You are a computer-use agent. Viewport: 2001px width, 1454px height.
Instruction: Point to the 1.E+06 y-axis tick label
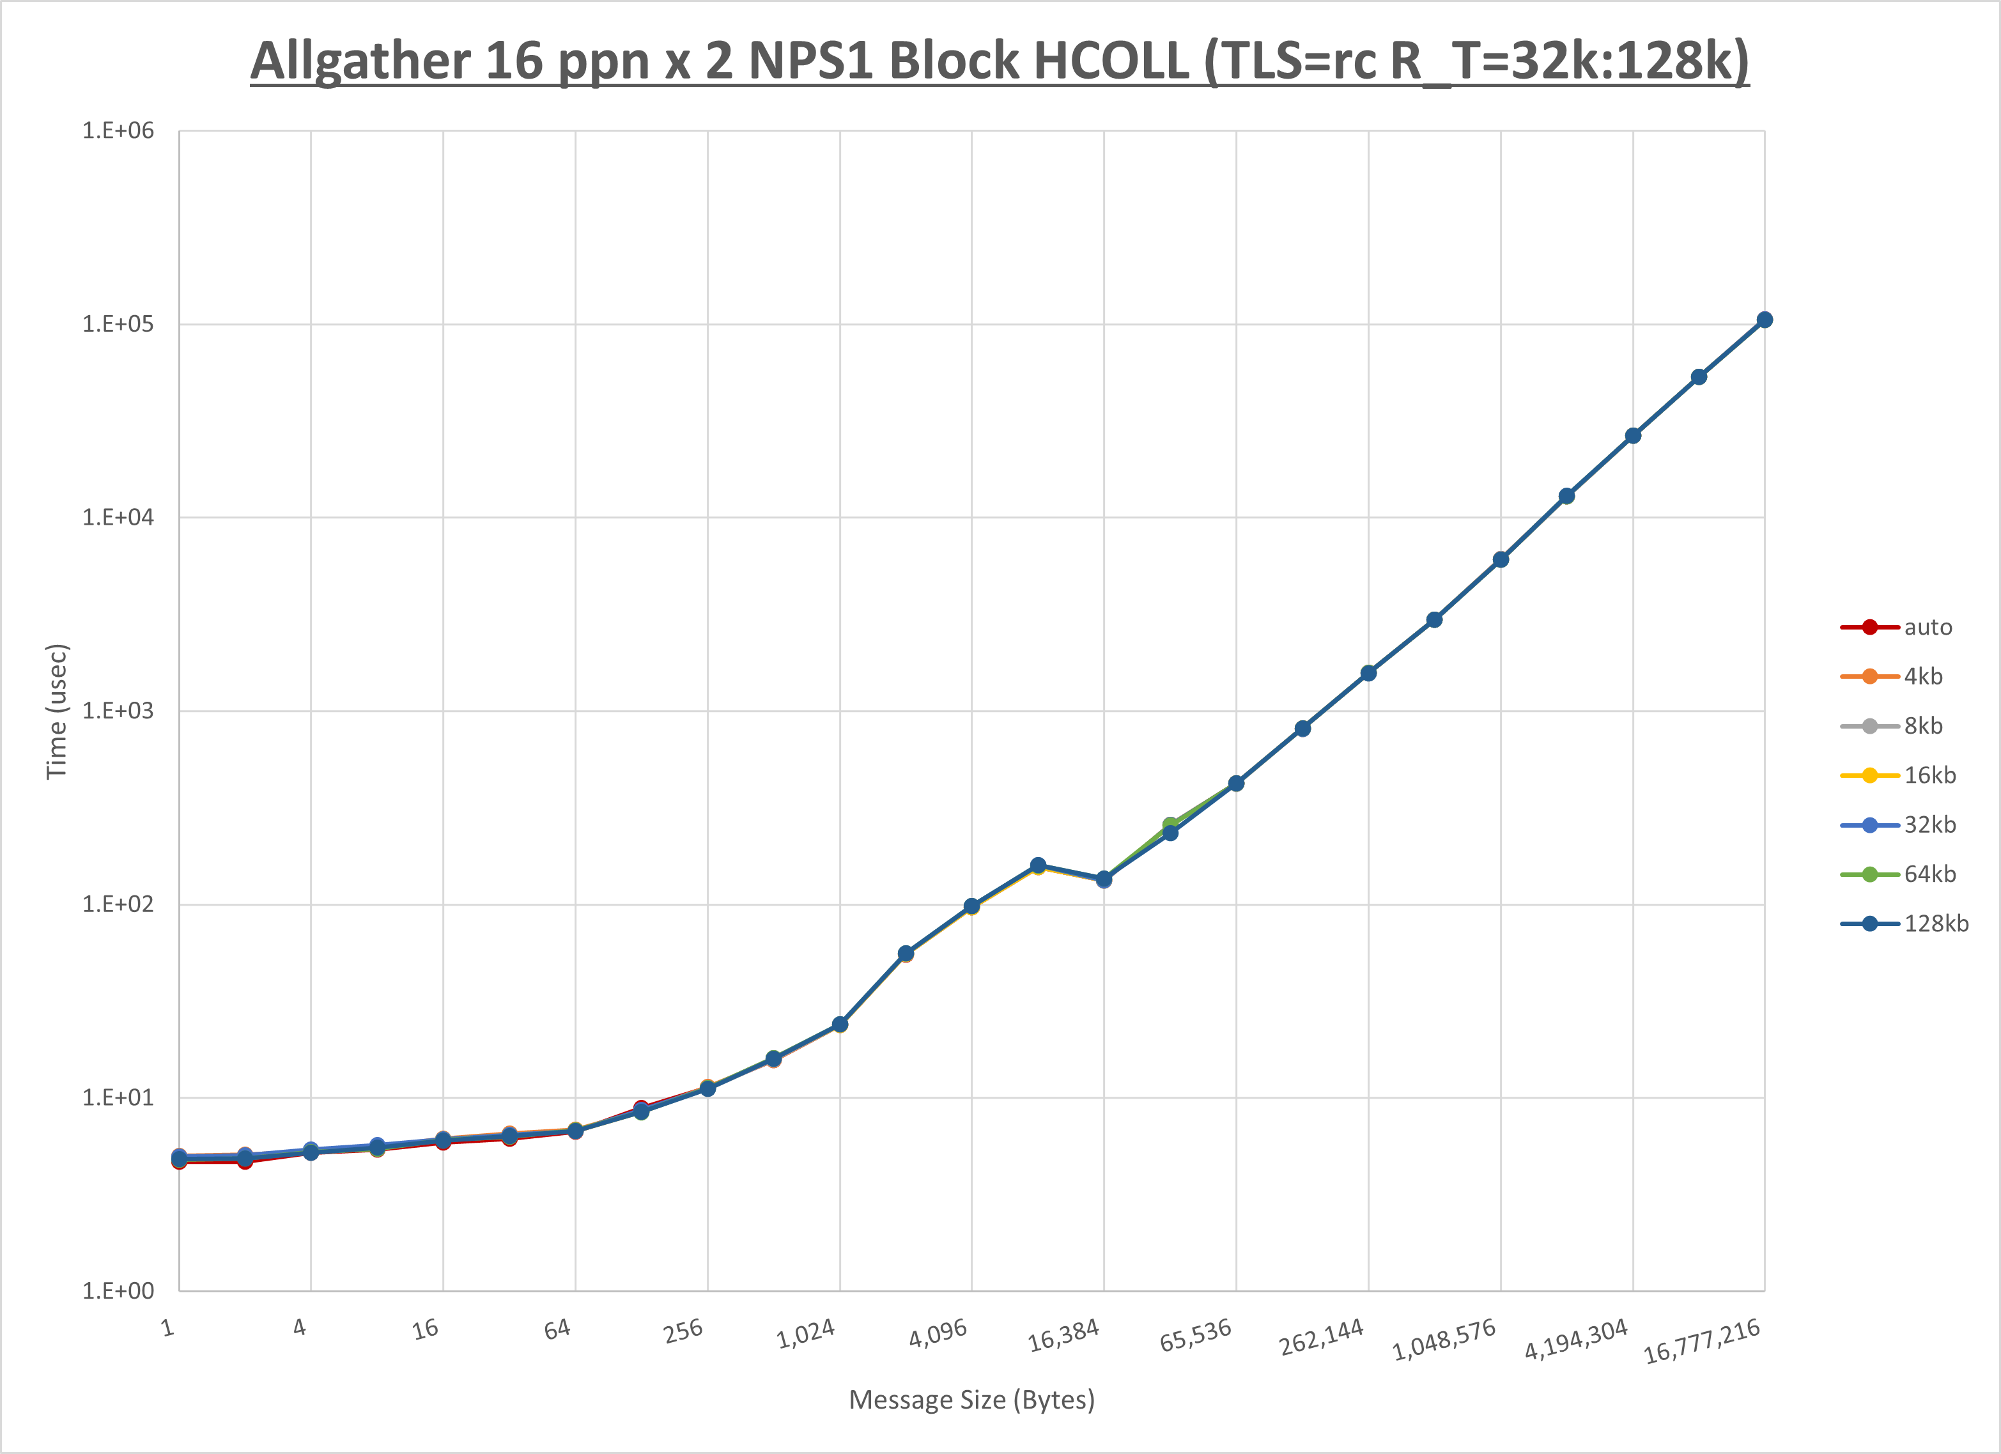[118, 130]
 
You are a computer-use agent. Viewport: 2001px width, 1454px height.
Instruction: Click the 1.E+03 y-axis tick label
[118, 710]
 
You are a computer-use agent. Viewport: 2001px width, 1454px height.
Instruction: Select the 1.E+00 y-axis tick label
[118, 1291]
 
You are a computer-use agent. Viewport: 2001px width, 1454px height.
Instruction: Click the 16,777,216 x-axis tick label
[1702, 1341]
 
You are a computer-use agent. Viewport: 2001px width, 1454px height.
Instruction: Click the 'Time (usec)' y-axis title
[56, 711]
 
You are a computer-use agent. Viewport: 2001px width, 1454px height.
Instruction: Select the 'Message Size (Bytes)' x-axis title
[971, 1400]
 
